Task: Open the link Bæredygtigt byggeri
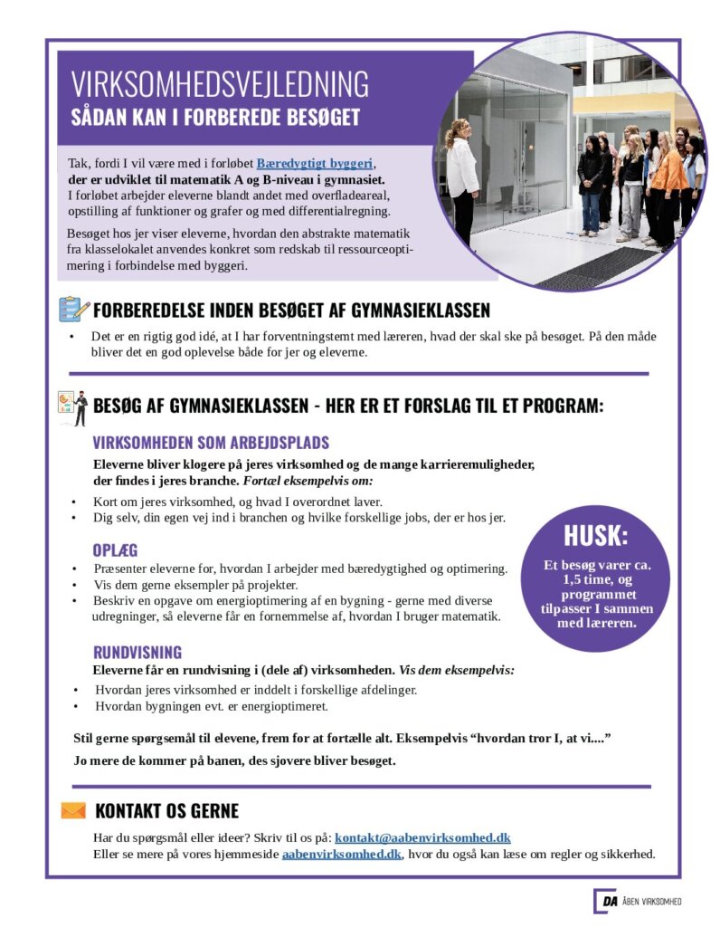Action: coord(315,164)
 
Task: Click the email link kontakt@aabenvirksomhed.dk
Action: coord(422,837)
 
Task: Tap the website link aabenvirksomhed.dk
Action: coord(341,854)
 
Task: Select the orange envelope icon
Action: coord(73,810)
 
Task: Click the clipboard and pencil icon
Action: coord(72,310)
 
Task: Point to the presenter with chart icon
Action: coord(72,406)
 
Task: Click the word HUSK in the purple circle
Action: coord(595,535)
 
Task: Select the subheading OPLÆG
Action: coord(115,550)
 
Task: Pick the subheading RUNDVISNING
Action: coord(137,652)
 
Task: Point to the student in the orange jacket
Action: coord(668,180)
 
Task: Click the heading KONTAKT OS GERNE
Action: coord(166,811)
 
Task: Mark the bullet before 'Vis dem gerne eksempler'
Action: coord(74,585)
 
